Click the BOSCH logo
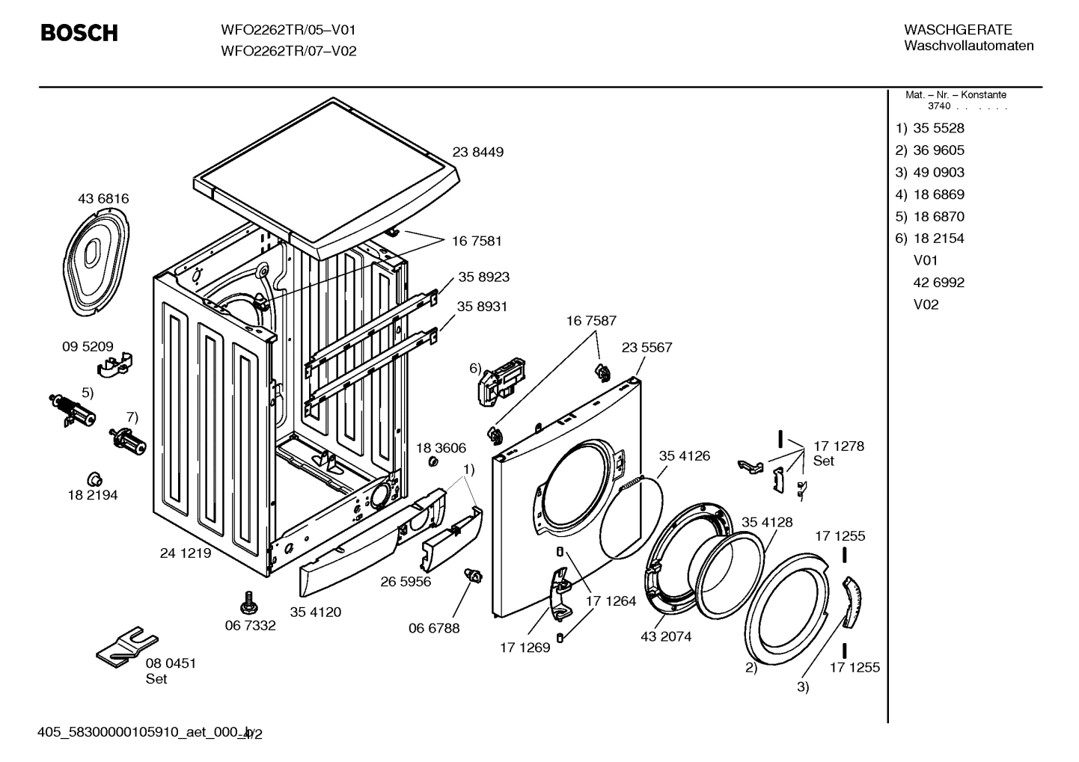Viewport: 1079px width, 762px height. [x=79, y=33]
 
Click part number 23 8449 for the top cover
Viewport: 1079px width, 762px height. [x=477, y=152]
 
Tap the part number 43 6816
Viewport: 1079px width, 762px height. [x=103, y=199]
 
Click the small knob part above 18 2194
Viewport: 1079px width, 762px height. [x=95, y=479]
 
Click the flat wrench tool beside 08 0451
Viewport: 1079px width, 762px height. [x=127, y=646]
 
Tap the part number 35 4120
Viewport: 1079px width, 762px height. [x=315, y=612]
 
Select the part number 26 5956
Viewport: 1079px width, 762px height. [x=406, y=581]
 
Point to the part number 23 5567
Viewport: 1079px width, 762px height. [x=647, y=348]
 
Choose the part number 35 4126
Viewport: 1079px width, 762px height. [x=684, y=455]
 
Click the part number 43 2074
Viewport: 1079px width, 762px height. [x=665, y=636]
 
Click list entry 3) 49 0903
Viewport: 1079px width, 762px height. [x=930, y=172]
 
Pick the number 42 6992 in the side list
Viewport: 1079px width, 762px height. [x=938, y=283]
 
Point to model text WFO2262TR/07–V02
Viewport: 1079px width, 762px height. [x=288, y=52]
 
